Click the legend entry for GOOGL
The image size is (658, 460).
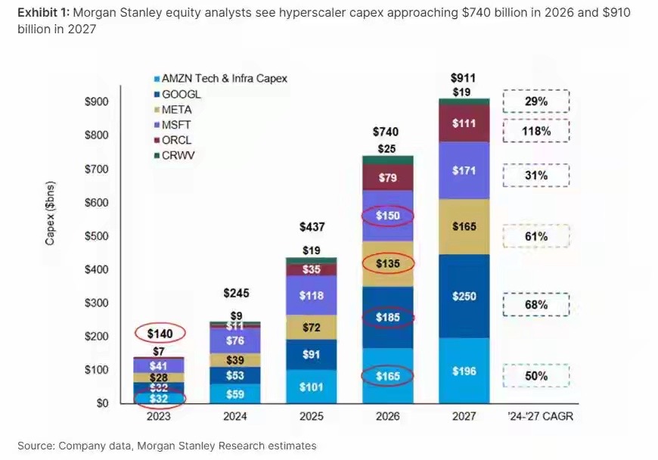pyautogui.click(x=182, y=94)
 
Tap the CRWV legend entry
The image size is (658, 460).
pyautogui.click(x=181, y=155)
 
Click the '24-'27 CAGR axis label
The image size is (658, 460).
pyautogui.click(x=536, y=416)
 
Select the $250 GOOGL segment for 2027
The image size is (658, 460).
pyautogui.click(x=464, y=296)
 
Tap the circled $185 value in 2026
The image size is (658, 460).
pyautogui.click(x=388, y=318)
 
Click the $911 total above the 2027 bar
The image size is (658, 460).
pyautogui.click(x=464, y=78)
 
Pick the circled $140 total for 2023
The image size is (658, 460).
pyautogui.click(x=159, y=332)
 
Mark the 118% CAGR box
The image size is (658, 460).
pyautogui.click(x=535, y=131)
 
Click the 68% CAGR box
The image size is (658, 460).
pyautogui.click(x=535, y=305)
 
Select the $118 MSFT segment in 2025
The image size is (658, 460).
pyautogui.click(x=311, y=296)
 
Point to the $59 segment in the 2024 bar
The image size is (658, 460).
pyautogui.click(x=235, y=393)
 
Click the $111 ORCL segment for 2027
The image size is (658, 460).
pyautogui.click(x=464, y=123)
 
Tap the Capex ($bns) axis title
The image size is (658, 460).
pyautogui.click(x=51, y=214)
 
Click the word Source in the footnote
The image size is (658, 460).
pyautogui.click(x=36, y=446)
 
